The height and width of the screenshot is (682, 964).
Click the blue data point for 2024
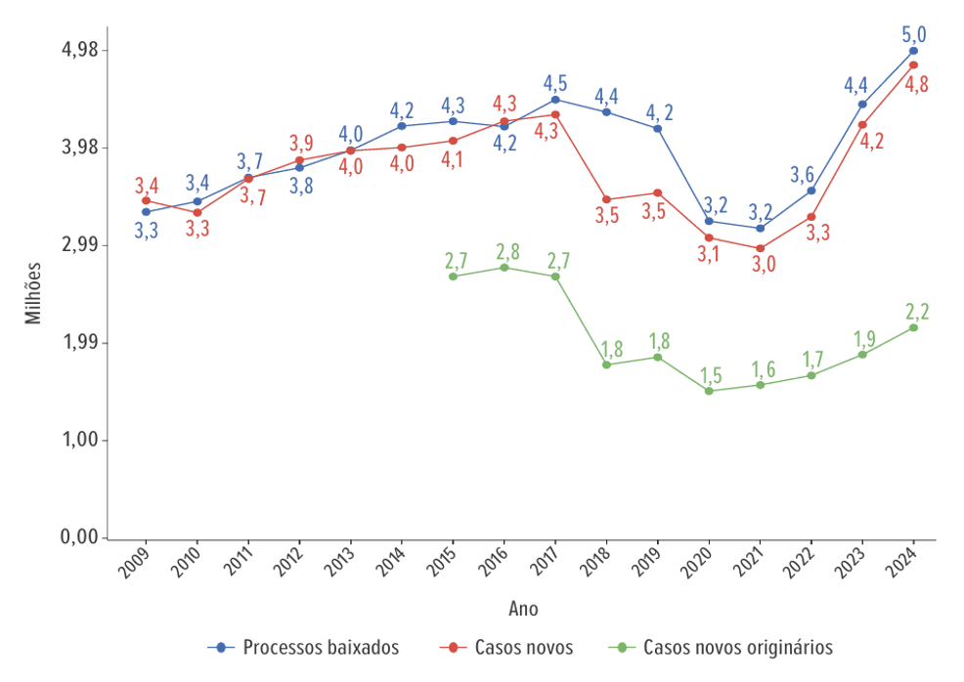tap(913, 51)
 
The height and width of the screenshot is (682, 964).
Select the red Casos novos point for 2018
tap(606, 199)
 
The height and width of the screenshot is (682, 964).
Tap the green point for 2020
tap(709, 391)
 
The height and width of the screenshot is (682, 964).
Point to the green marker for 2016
tap(504, 268)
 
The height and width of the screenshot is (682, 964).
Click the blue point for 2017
tap(555, 99)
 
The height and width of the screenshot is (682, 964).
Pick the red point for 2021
tap(760, 248)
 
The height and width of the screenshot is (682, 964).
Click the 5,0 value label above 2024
tap(914, 35)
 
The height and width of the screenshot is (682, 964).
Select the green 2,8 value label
tap(504, 251)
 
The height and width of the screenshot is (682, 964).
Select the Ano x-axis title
tap(523, 609)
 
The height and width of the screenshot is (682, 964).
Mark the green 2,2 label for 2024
tap(916, 312)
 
